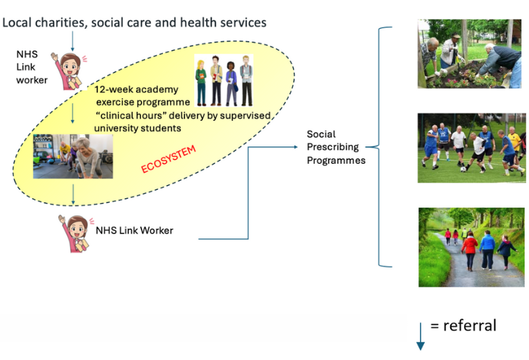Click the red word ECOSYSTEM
coord(169,159)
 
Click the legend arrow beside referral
coord(421,337)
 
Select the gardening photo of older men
coord(470,54)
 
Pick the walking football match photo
coord(472,148)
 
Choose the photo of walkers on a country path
coord(471,247)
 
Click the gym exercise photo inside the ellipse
coord(73,156)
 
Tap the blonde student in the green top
coord(201,83)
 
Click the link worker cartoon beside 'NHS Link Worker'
coord(75,234)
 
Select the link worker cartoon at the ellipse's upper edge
coord(69,71)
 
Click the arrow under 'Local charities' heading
coord(73,41)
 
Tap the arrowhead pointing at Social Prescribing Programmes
coord(296,147)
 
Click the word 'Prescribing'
coord(333,147)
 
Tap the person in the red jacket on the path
coord(470,252)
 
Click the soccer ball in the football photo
coord(463,169)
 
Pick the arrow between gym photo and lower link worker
coord(73,195)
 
